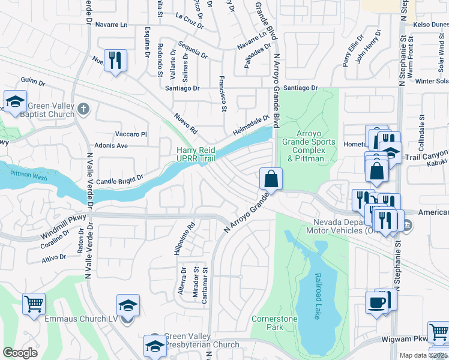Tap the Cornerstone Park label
[274, 323]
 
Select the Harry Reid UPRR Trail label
[195, 154]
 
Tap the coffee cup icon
[377, 302]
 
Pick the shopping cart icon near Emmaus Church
[34, 304]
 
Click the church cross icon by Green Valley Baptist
[83, 109]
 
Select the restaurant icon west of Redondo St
[115, 61]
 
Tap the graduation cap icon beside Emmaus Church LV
[128, 305]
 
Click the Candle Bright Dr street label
[120, 179]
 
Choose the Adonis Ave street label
[111, 146]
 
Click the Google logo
[20, 353]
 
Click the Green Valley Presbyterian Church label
[201, 341]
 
